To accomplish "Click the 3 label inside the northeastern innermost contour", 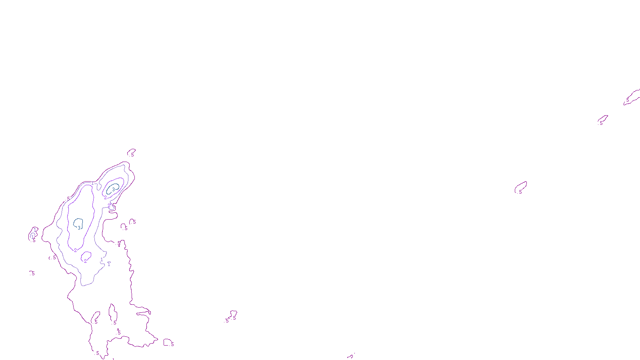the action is (x=113, y=190).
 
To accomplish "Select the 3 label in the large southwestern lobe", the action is (x=79, y=228).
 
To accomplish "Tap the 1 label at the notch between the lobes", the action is (x=92, y=183).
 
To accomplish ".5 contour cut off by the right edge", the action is (x=632, y=97).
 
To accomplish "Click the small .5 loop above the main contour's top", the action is (x=131, y=152).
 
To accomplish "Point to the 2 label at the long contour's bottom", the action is (x=75, y=250).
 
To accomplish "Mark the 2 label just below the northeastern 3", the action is (x=105, y=198).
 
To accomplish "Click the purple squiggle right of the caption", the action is (x=351, y=355).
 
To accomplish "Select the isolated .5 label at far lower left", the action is (x=32, y=273).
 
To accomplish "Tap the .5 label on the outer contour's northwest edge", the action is (x=68, y=198).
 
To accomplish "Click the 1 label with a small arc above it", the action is (x=108, y=264).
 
